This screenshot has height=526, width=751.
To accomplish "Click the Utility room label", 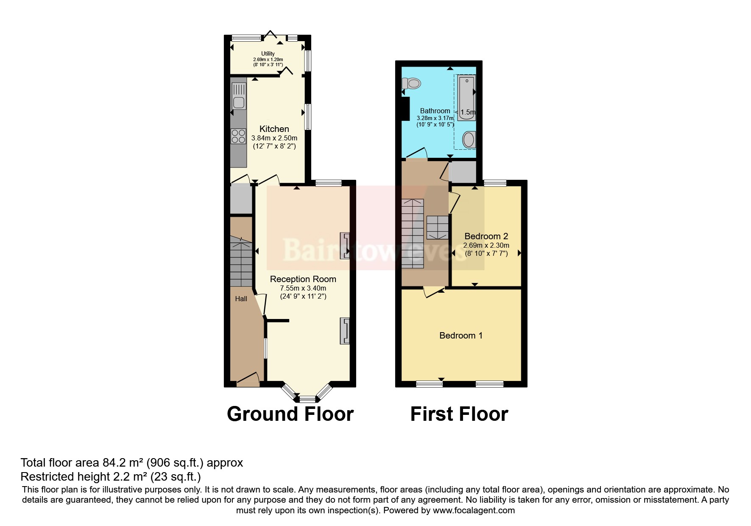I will [268, 54].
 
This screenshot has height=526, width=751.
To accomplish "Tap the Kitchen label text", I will [274, 129].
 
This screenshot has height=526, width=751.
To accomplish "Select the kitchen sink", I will [239, 102].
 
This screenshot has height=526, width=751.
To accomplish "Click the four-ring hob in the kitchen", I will [238, 136].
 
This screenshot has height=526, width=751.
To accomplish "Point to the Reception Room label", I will [303, 279].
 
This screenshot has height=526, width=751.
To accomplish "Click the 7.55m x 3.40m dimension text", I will [303, 288].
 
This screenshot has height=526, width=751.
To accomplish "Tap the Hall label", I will [241, 299].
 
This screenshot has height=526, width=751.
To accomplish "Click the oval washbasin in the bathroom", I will [469, 140].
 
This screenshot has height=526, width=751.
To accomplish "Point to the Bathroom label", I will [435, 111].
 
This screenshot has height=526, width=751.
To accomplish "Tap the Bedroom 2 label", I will [486, 236].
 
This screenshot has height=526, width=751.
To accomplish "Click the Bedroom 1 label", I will [461, 336].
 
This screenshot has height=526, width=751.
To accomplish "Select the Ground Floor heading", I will [290, 414].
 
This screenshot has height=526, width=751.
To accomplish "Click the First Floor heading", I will [459, 414].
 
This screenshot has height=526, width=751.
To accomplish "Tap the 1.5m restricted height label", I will [467, 112].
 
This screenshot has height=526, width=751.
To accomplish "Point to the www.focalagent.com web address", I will [474, 510].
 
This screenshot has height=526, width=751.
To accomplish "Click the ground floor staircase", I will [241, 261].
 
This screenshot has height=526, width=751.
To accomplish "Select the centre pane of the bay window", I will [307, 399].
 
